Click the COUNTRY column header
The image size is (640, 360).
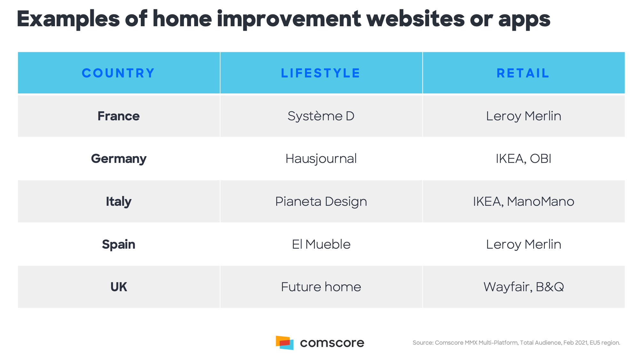[x=118, y=73]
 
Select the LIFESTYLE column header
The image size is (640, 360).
[x=321, y=73]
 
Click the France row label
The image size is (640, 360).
[x=118, y=116]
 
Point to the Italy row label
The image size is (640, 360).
[x=118, y=202]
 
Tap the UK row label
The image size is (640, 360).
[x=118, y=287]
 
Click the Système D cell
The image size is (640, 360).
[x=321, y=116]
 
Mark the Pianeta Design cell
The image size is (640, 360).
[x=321, y=202]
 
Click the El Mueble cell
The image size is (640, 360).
[x=321, y=244]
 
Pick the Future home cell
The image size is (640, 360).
[x=321, y=287]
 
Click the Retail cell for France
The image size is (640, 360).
[x=524, y=116]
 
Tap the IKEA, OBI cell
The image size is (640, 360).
[x=524, y=159]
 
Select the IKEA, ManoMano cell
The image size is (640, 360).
[x=524, y=202]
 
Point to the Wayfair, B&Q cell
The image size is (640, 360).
[x=524, y=287]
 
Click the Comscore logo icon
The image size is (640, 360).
[x=284, y=343]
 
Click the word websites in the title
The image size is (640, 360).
[x=415, y=19]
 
